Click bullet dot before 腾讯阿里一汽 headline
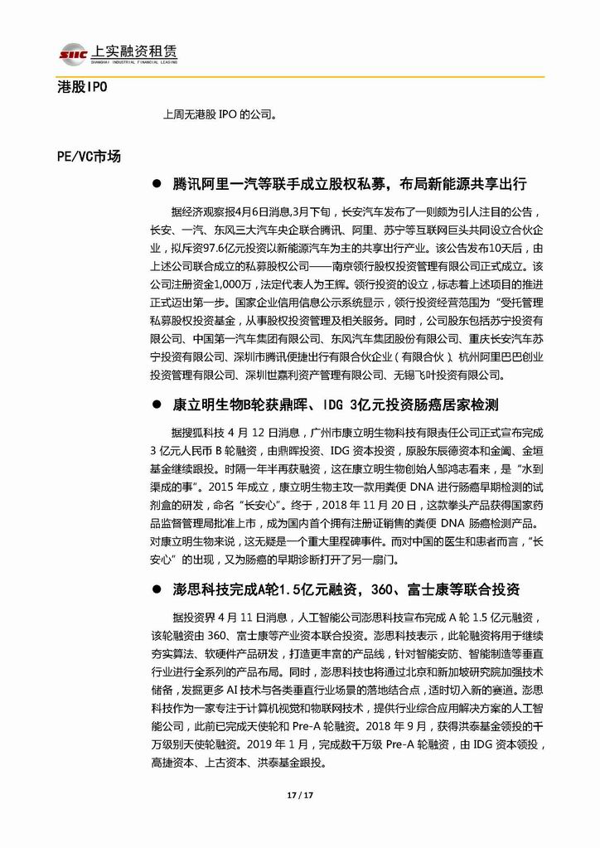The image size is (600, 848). (156, 182)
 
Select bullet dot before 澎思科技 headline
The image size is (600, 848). (156, 590)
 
